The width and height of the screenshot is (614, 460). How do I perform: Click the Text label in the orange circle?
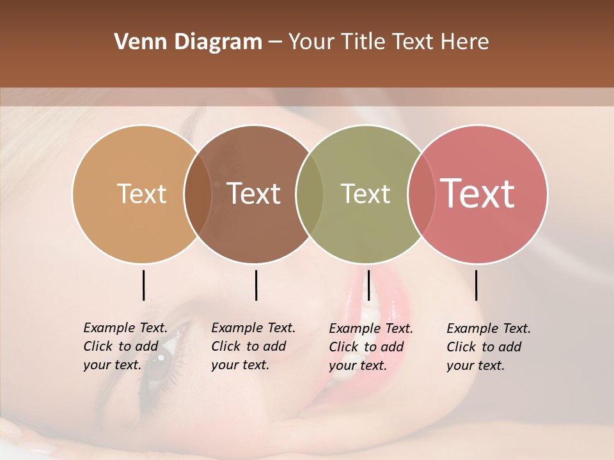[141, 194]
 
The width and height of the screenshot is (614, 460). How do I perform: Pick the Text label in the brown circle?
[254, 194]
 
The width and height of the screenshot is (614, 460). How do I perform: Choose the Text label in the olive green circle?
[365, 194]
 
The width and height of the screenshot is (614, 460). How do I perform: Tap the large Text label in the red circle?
[477, 194]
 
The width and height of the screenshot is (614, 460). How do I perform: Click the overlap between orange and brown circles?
[198, 194]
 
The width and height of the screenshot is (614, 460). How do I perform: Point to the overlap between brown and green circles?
[310, 194]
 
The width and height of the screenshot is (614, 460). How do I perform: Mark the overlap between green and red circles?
[421, 194]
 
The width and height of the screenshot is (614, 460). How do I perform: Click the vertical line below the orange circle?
[143, 285]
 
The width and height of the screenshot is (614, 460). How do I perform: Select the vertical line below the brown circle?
[256, 285]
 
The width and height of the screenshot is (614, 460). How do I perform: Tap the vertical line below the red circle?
[476, 285]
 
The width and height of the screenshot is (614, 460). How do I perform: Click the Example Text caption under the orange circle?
[125, 346]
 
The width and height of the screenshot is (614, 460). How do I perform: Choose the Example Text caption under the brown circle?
[253, 346]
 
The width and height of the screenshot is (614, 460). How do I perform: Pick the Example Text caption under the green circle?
[370, 347]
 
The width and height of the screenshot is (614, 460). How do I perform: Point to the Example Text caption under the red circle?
[488, 347]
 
